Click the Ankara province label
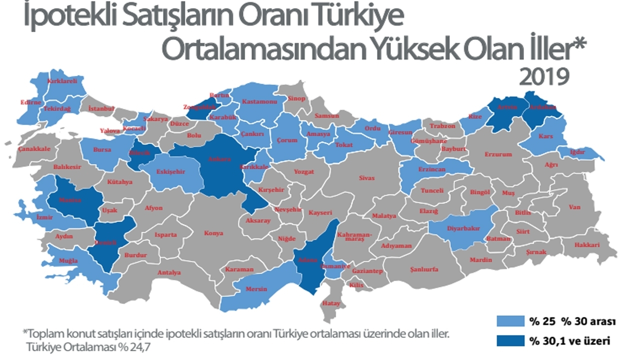coord(223,159)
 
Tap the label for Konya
coord(213,233)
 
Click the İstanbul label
coord(101,108)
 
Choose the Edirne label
coord(30,102)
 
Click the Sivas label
coord(366,178)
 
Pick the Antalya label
coord(169,273)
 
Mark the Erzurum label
coord(498,154)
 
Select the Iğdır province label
coord(580,152)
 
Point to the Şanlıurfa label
coord(424,269)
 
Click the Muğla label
coord(68,261)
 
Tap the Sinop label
coord(296,98)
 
